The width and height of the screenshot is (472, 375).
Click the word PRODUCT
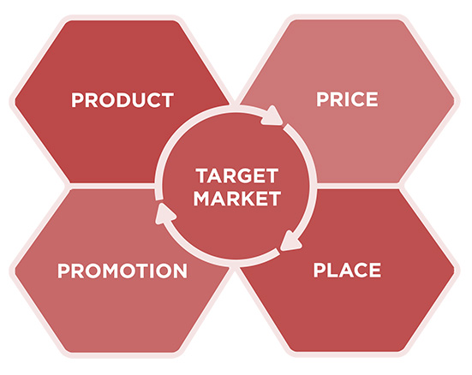click(x=122, y=100)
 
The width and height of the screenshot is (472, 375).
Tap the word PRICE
click(x=347, y=99)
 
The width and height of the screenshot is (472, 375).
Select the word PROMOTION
click(x=122, y=271)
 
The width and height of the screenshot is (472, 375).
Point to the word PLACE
click(x=347, y=270)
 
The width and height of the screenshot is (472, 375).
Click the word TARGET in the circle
click(x=237, y=176)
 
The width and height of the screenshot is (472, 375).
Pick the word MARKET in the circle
click(x=237, y=199)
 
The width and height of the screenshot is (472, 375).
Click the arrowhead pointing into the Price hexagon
click(x=272, y=116)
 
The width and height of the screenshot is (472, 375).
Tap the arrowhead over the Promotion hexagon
click(x=164, y=214)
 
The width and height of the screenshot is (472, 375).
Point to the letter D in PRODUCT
click(x=123, y=100)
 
